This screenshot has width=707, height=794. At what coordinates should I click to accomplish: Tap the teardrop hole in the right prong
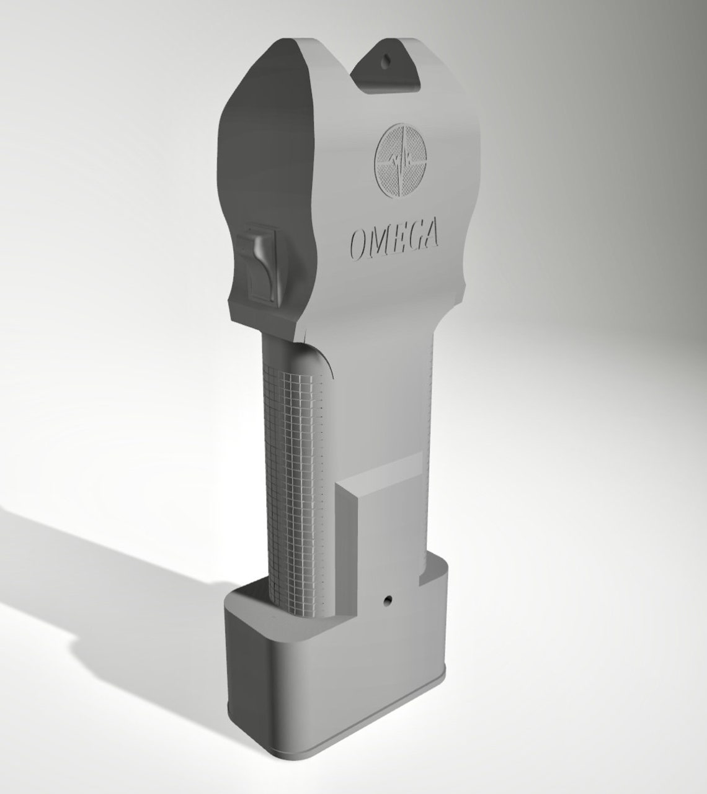387,62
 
